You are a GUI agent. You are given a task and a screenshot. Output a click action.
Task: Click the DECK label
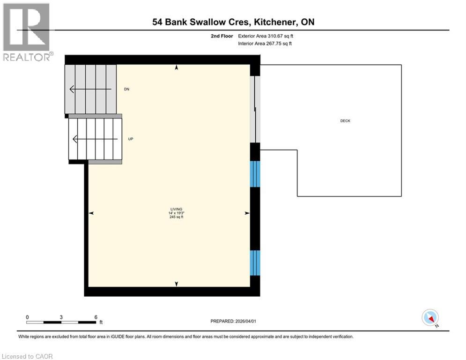click(x=345, y=121)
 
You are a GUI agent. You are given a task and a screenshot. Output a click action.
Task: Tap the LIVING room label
click(x=176, y=209)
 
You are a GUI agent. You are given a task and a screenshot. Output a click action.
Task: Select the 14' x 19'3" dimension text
click(x=176, y=213)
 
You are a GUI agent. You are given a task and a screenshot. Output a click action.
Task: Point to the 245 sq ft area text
click(x=176, y=217)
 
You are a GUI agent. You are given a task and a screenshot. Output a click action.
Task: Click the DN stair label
click(x=126, y=89)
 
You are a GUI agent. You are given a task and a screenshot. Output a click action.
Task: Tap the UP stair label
click(x=131, y=139)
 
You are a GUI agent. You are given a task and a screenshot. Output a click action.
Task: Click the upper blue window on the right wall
click(x=255, y=174)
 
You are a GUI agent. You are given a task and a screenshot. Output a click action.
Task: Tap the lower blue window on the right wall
click(x=255, y=263)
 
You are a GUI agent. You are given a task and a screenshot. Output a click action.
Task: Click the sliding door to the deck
click(x=255, y=109)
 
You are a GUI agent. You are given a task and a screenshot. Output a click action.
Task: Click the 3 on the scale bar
click(x=61, y=317)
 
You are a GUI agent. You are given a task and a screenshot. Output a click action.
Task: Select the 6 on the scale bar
click(x=96, y=317)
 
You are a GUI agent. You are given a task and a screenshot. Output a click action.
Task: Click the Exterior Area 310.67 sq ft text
click(x=266, y=36)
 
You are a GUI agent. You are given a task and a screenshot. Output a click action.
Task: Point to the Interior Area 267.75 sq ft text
click(x=266, y=44)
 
